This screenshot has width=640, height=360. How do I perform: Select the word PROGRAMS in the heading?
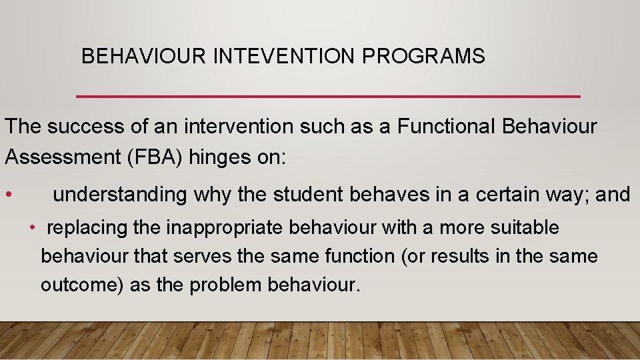(423, 57)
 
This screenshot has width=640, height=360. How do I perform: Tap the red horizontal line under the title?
(328, 97)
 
